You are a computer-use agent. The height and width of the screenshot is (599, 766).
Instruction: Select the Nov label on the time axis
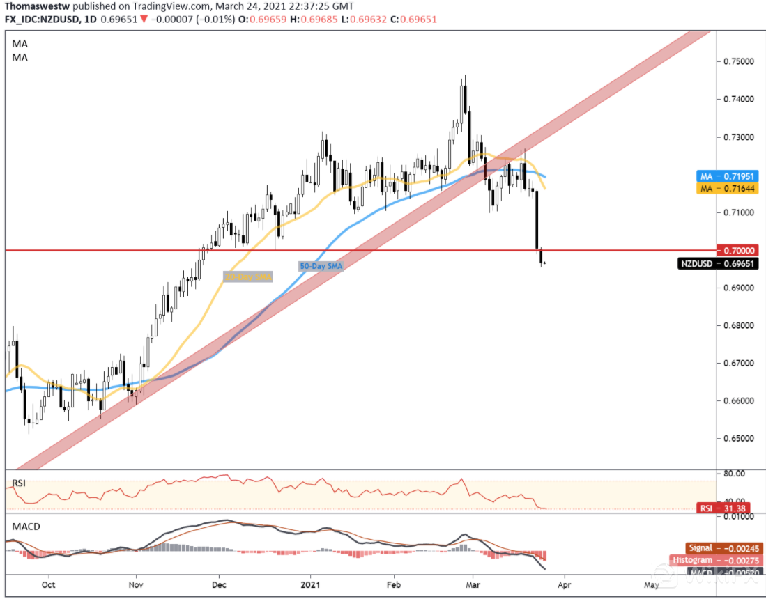(136, 585)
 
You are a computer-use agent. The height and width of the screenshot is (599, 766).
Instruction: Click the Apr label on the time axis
(564, 585)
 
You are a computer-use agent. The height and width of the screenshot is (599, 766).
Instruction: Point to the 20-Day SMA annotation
(247, 277)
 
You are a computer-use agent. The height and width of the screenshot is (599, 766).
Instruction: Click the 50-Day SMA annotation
(321, 266)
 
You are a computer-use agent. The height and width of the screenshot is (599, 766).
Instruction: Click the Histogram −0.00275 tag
(715, 560)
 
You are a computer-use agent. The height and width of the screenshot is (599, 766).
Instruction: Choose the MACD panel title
(25, 525)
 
